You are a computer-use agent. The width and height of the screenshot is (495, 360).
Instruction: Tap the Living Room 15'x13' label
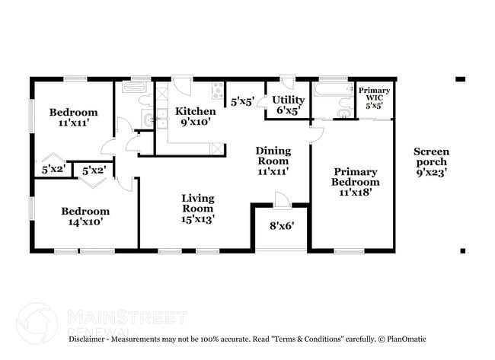[x=197, y=208]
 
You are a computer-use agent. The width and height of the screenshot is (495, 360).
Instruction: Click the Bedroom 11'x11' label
[x=74, y=118]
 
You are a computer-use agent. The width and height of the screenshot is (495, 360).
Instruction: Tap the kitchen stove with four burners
[x=219, y=87]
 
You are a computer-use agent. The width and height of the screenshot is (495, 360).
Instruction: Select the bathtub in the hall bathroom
[x=138, y=88]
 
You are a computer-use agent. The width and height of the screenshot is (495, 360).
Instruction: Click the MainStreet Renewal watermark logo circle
[x=37, y=323]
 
